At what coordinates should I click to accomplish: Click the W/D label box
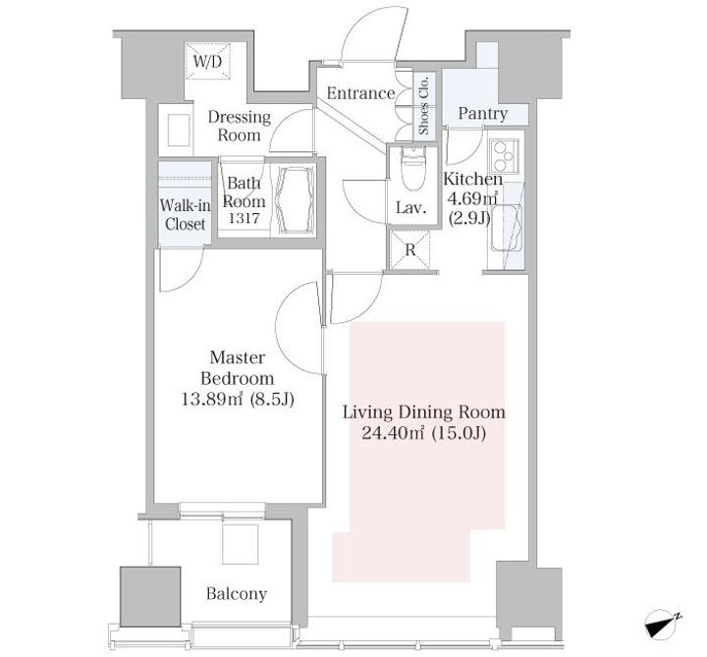point(208,62)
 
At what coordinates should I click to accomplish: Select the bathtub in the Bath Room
point(296,200)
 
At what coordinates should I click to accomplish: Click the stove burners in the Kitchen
point(504,155)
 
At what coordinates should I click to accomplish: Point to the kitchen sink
point(506,228)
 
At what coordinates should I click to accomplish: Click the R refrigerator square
point(410,250)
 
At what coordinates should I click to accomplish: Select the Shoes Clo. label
point(424,105)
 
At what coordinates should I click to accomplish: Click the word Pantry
point(483,113)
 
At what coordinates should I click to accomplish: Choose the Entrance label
point(360,93)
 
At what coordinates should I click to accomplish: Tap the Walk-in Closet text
point(185,215)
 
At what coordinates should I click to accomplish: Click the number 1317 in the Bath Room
point(244,218)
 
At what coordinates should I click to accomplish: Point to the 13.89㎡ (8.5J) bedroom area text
point(238,399)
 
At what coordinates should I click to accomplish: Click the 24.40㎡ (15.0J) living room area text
point(424,433)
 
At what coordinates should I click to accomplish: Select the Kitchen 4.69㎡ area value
point(472,198)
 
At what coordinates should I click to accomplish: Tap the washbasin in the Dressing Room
point(179,130)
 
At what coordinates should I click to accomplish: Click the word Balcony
point(237,593)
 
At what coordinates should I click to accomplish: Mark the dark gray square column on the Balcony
point(150,596)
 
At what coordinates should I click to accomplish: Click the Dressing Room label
point(239,126)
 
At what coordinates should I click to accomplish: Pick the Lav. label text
point(411,208)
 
